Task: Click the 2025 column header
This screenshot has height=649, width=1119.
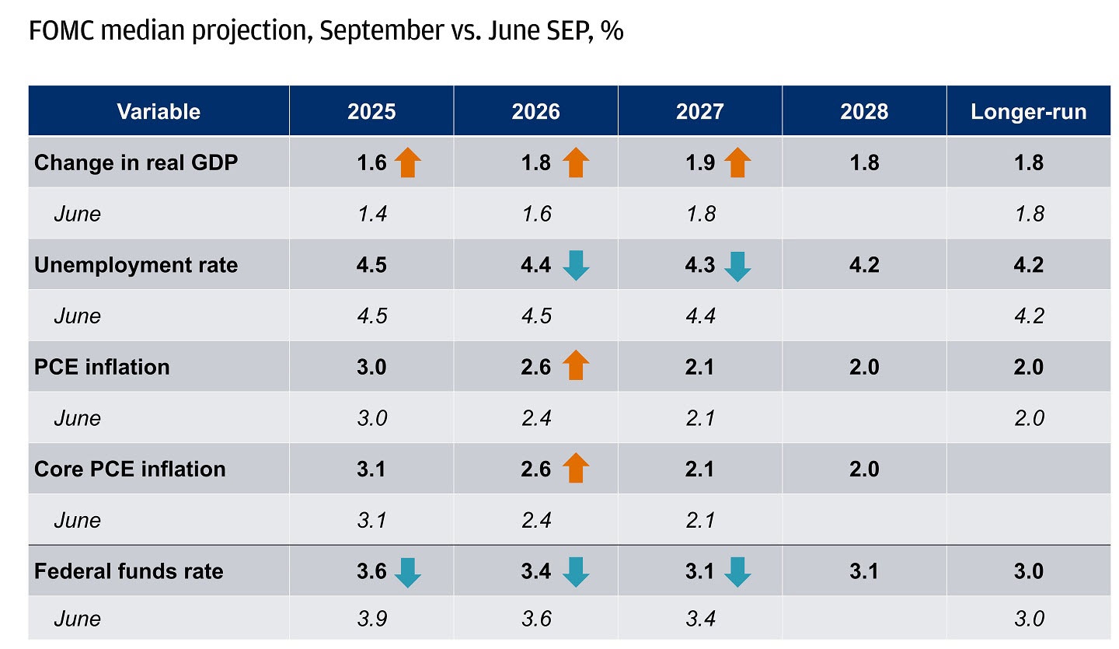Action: [371, 111]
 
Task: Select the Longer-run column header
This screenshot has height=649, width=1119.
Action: [1028, 111]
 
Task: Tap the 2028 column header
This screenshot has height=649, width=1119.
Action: [863, 111]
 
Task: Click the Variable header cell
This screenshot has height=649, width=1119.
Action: [159, 111]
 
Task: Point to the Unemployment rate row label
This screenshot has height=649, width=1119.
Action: [136, 265]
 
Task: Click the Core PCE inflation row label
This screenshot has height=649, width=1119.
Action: [130, 469]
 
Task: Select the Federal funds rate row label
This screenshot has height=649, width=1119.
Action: [128, 571]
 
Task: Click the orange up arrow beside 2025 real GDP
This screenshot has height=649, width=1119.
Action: [407, 162]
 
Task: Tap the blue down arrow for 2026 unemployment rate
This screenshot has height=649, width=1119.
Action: [576, 266]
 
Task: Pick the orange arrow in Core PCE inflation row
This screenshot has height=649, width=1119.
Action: [576, 469]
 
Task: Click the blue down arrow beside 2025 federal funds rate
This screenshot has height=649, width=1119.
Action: [407, 572]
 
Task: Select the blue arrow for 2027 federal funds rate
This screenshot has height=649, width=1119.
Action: [737, 572]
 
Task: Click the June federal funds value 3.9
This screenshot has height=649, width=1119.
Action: [371, 619]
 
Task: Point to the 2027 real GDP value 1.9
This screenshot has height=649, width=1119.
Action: [700, 162]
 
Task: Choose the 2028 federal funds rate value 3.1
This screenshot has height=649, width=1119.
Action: [863, 571]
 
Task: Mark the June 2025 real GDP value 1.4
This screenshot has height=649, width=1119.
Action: [371, 214]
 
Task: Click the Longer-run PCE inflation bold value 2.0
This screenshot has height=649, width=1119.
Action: [1028, 367]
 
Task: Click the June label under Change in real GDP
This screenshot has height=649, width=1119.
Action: [78, 214]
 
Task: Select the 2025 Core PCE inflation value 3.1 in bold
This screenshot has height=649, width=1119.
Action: [371, 469]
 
